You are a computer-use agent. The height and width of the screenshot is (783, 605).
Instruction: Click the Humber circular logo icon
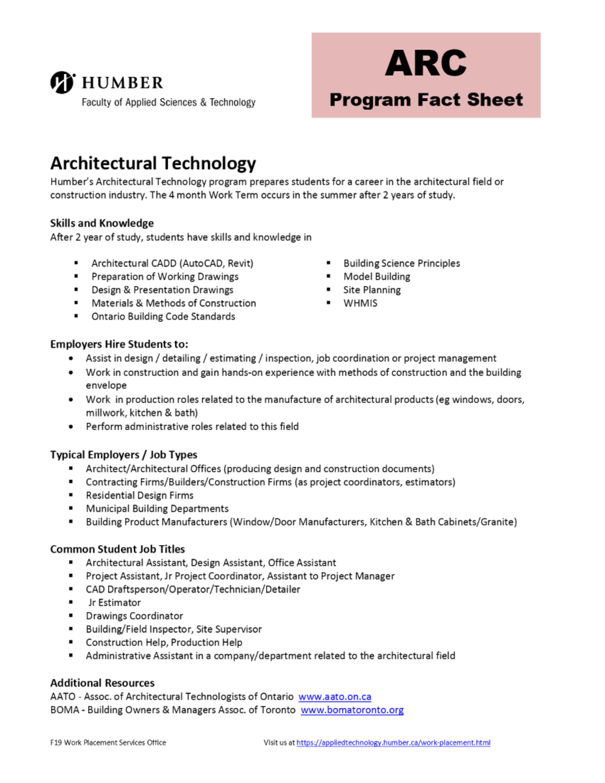point(63,82)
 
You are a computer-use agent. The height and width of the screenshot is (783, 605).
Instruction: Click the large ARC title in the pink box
point(426,64)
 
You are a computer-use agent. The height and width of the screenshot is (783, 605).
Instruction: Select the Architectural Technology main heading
point(153,163)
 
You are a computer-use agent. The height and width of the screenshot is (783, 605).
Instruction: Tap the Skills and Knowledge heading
point(102,223)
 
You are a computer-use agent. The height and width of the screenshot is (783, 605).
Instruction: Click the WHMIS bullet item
point(360,303)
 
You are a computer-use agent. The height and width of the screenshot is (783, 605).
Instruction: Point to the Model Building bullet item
point(377,276)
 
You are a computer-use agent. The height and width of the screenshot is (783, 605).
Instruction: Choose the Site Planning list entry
point(372,290)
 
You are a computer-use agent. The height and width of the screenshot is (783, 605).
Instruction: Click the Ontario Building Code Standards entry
point(163,317)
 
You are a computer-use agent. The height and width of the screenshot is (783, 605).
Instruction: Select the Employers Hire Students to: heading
point(119,344)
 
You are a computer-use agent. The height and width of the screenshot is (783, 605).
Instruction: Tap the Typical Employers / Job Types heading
point(124,454)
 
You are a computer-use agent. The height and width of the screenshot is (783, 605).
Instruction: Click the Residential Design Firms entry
point(139,495)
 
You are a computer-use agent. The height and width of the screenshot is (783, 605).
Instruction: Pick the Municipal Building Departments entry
point(157,508)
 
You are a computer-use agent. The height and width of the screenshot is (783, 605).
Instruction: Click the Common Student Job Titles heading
point(117,549)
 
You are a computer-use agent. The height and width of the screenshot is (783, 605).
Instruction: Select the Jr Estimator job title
point(114,603)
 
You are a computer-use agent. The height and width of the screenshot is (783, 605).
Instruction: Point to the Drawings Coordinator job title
point(134,616)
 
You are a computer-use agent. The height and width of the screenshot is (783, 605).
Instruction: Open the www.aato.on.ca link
point(335,696)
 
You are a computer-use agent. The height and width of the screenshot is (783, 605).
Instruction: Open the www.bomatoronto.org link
point(352,710)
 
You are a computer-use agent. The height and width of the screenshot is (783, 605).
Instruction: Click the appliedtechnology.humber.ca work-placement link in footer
point(393,743)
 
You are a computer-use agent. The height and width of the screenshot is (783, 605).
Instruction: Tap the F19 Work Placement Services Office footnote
point(108,743)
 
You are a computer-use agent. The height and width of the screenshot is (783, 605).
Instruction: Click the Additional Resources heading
point(102,683)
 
